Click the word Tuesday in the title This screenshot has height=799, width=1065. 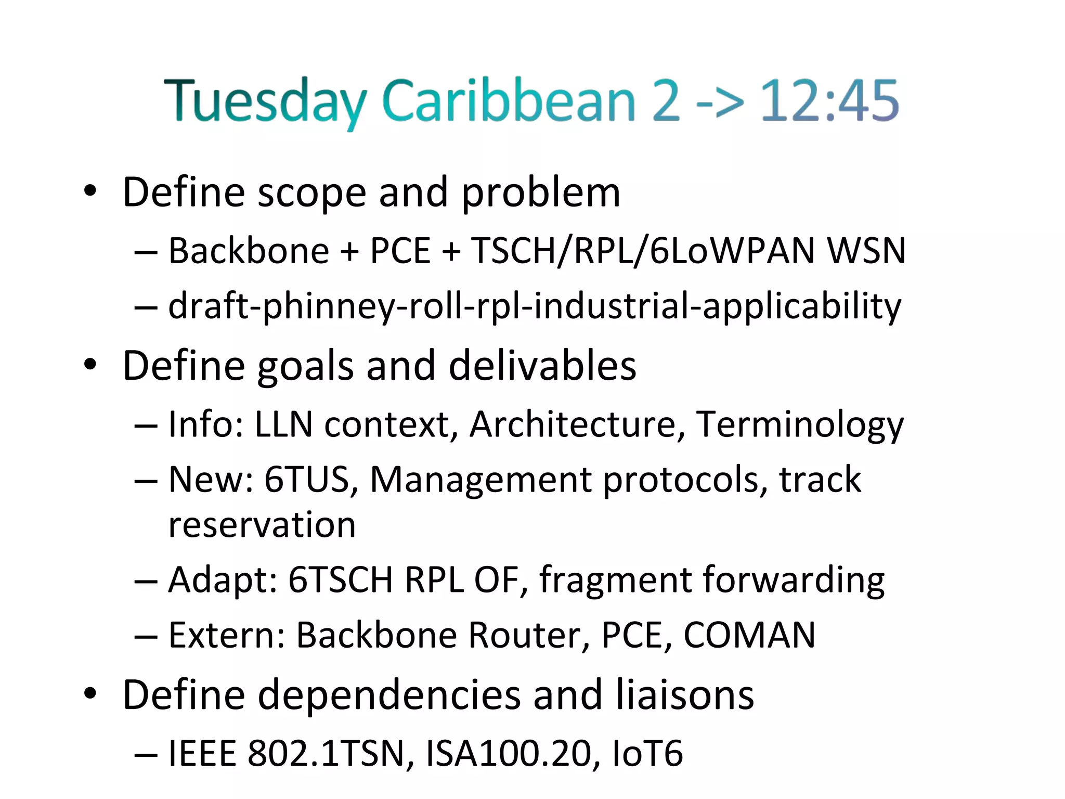point(265,101)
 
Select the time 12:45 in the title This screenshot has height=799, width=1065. point(829,101)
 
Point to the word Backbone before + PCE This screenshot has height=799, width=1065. point(249,251)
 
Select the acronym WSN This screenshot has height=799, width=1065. point(866,251)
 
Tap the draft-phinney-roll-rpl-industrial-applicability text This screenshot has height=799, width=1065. point(535,306)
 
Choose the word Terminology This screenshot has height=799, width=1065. point(800,426)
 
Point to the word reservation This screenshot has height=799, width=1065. point(262,524)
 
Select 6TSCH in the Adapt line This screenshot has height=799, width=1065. point(341,579)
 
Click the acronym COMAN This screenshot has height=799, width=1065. point(749,635)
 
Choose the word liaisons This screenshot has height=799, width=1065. point(685,695)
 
